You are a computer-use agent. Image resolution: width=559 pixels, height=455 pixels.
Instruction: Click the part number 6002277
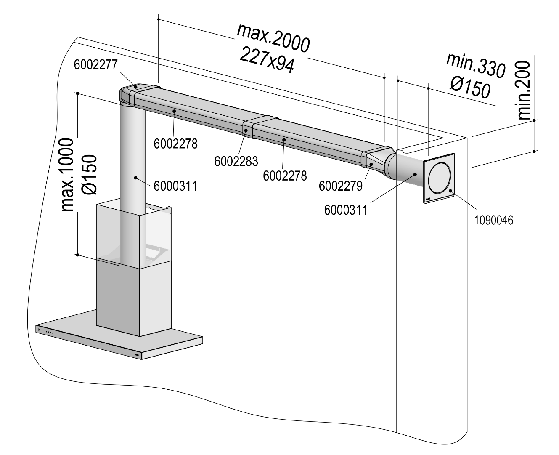[95, 65]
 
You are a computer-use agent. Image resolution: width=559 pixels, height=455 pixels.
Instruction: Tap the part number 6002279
[341, 186]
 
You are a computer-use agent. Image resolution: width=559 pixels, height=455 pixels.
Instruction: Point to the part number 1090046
[494, 220]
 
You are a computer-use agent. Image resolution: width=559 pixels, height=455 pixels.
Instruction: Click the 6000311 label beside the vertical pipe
[175, 185]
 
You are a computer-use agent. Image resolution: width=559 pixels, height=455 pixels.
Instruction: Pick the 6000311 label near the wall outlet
[346, 209]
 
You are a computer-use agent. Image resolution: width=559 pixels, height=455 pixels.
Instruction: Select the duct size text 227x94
[267, 59]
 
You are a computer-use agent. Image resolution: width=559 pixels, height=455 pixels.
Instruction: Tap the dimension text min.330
[475, 66]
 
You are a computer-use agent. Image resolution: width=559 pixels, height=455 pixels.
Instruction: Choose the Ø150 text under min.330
[470, 88]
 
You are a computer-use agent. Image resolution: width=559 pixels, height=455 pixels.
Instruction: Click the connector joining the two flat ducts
[248, 129]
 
